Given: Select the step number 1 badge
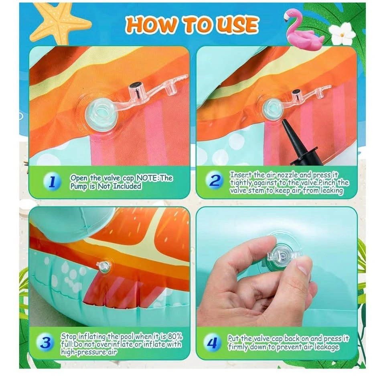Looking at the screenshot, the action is pyautogui.click(x=52, y=182).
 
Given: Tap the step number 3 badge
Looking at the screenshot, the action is pyautogui.click(x=46, y=342).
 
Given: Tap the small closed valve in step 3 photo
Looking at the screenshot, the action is pyautogui.click(x=103, y=266).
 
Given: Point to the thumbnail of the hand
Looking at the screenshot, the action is pyautogui.click(x=302, y=268).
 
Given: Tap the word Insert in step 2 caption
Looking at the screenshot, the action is pyautogui.click(x=238, y=175).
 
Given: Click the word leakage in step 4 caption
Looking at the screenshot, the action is pyautogui.click(x=326, y=347).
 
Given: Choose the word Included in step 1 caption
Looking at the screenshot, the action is pyautogui.click(x=127, y=186).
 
